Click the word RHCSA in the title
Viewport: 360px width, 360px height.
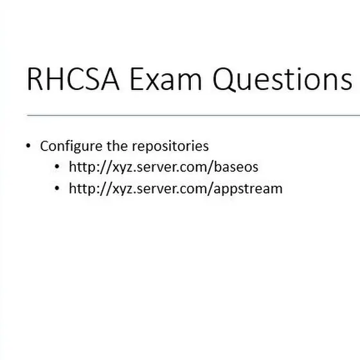click(x=73, y=78)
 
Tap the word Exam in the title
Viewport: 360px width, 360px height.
click(x=166, y=78)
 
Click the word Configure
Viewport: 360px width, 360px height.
click(x=71, y=147)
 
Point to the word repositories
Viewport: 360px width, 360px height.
click(x=170, y=147)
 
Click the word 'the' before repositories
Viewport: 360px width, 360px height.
click(x=117, y=145)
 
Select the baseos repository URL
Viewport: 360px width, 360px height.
click(x=163, y=167)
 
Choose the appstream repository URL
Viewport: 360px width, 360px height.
click(x=175, y=189)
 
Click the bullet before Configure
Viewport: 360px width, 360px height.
click(x=28, y=145)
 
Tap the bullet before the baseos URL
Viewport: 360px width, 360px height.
click(x=57, y=166)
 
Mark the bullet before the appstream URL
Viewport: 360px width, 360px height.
click(x=57, y=188)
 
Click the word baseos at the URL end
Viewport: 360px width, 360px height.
click(x=236, y=167)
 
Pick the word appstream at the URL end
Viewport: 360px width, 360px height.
click(x=248, y=189)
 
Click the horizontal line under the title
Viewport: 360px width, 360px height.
click(x=194, y=115)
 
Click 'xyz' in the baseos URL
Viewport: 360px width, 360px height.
click(x=122, y=168)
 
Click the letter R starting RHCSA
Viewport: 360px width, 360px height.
click(x=35, y=78)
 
